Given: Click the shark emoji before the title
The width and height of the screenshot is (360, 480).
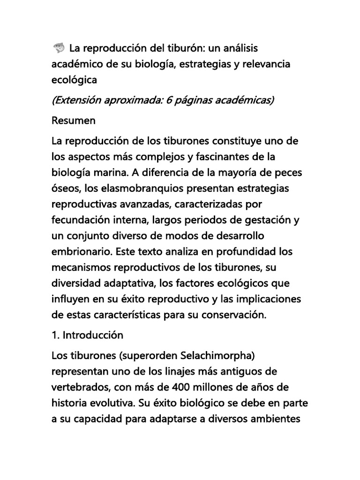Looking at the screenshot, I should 59,48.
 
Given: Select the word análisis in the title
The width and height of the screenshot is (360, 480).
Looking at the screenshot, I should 238,48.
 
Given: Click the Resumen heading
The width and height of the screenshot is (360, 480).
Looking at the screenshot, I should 74,120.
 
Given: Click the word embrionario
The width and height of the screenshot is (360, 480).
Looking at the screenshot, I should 80,252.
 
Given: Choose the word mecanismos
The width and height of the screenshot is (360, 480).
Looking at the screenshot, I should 79,268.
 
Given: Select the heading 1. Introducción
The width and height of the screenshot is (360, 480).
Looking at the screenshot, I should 88,335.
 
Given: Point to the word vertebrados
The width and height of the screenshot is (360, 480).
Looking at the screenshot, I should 80,387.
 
